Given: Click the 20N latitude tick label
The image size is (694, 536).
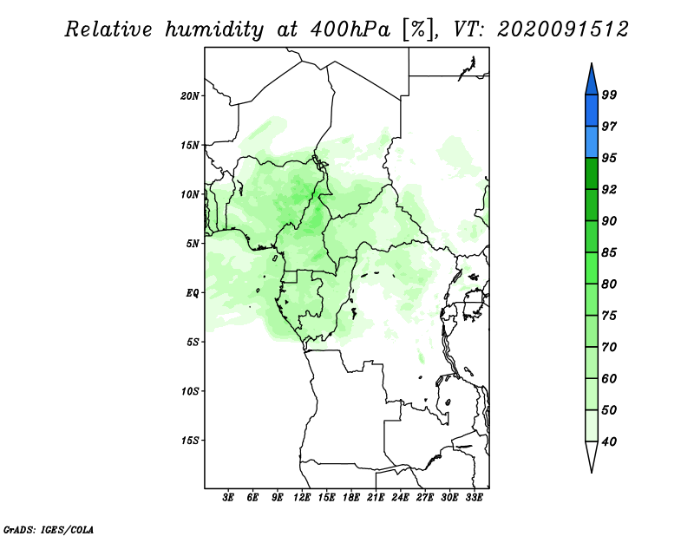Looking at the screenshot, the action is tap(190, 96).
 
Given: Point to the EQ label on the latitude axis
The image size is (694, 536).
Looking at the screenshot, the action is tap(192, 293).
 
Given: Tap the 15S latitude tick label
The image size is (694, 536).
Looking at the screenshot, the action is tap(190, 441).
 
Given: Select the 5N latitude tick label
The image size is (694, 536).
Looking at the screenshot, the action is tap(193, 244).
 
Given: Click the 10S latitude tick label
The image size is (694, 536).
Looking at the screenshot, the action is tap(190, 391).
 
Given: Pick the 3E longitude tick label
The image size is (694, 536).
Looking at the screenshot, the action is tap(228, 498).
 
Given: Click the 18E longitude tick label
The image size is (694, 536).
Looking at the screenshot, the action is tap(351, 498).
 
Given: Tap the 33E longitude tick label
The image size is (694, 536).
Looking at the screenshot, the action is tap(474, 498).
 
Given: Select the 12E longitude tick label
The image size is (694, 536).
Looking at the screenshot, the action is tap(302, 498).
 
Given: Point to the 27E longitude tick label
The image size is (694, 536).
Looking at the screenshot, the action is tap(425, 498).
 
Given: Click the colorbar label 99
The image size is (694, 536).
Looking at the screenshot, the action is tap(609, 95).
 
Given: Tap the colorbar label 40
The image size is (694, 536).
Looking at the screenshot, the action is tap(609, 441).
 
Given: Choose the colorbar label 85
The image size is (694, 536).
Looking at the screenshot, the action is tap(609, 252).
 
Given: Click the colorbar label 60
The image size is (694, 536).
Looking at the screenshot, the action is tap(609, 378).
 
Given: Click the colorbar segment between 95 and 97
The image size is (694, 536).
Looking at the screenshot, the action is tap(592, 142).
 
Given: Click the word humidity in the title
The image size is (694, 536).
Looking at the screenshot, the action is tap(214, 30).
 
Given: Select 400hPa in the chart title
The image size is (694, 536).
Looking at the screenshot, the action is tap(350, 29).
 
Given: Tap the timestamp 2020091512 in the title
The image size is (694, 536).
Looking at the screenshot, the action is tap(562, 29).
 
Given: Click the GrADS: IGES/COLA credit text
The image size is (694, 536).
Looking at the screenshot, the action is tap(49, 529).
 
